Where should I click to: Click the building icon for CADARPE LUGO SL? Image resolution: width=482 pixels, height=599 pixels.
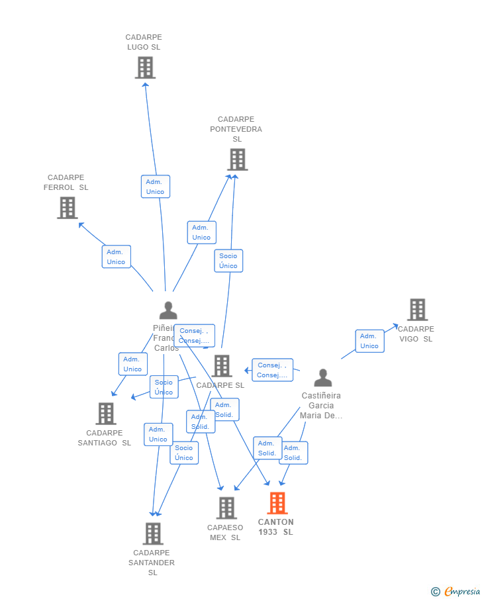pyautogui.click(x=145, y=68)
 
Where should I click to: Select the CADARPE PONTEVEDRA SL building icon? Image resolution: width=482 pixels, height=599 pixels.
pyautogui.click(x=237, y=160)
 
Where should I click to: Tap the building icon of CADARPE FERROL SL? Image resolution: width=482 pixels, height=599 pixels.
pyautogui.click(x=67, y=208)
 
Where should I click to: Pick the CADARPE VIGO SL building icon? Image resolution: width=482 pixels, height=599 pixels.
pyautogui.click(x=417, y=310)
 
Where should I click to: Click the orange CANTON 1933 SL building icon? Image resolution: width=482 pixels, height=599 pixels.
pyautogui.click(x=277, y=503)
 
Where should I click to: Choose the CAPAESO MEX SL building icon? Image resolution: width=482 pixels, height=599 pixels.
pyautogui.click(x=226, y=508)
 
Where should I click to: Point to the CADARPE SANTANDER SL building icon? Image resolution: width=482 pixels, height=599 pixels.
pyautogui.click(x=153, y=533)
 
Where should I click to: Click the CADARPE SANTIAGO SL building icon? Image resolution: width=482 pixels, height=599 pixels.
pyautogui.click(x=105, y=414)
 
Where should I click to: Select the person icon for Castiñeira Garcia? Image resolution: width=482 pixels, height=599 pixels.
pyautogui.click(x=322, y=378)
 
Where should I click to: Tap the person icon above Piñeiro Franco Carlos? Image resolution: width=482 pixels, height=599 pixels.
pyautogui.click(x=168, y=310)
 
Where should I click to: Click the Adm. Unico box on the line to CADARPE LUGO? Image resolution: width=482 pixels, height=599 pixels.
pyautogui.click(x=156, y=187)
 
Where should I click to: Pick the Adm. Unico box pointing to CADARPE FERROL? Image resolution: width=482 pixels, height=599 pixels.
pyautogui.click(x=117, y=257)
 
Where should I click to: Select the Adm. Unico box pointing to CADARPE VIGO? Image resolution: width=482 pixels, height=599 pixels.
pyautogui.click(x=369, y=341)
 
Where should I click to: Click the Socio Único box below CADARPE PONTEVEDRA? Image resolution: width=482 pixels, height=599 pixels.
pyautogui.click(x=228, y=261)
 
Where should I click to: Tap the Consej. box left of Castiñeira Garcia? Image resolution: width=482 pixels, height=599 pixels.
pyautogui.click(x=272, y=370)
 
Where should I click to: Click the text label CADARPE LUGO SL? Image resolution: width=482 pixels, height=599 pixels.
pyautogui.click(x=144, y=42)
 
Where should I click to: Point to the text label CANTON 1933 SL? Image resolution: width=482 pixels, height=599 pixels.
pyautogui.click(x=276, y=527)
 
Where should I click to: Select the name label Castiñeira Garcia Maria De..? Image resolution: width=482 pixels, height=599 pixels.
pyautogui.click(x=321, y=406)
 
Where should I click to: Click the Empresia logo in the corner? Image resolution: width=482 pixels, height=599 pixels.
pyautogui.click(x=456, y=591)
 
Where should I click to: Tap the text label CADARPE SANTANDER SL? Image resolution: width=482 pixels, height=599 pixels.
pyautogui.click(x=152, y=563)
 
